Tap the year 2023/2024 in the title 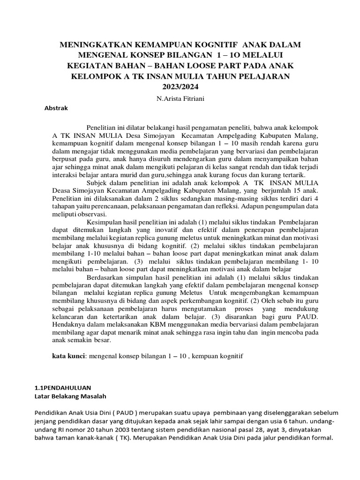click(x=180, y=87)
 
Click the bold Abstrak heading click(x=56, y=108)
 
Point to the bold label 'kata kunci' click(x=68, y=357)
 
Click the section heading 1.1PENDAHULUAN click(x=63, y=388)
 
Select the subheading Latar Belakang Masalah click(x=71, y=397)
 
